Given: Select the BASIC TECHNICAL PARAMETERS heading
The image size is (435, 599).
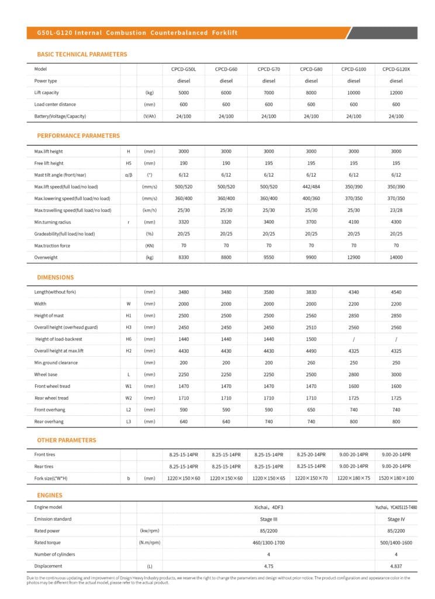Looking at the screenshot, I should (82, 54).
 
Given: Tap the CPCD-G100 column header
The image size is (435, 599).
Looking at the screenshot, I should (354, 69).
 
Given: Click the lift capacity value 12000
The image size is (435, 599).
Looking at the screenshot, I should (396, 92).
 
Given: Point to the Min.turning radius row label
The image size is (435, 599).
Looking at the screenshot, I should (52, 222).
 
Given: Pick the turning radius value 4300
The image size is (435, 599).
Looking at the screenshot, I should (396, 222).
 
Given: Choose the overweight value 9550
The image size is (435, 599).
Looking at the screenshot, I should (269, 257).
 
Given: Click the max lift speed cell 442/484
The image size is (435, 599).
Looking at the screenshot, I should (311, 187).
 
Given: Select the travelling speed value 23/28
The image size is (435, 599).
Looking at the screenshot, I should (396, 210).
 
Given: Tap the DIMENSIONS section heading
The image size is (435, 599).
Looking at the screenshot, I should (56, 277).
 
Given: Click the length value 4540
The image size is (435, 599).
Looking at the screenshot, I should (396, 292).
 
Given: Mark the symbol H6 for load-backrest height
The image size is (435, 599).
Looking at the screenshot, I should (129, 339).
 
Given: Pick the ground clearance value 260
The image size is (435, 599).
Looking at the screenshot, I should (311, 363).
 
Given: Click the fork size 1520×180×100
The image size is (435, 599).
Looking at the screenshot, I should (396, 478).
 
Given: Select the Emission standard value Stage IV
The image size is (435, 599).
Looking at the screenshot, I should (396, 519).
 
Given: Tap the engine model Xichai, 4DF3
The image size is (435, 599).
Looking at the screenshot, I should (269, 507).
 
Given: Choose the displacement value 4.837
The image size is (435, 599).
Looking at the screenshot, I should (396, 566).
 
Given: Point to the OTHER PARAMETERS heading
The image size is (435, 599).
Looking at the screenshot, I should (67, 440).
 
